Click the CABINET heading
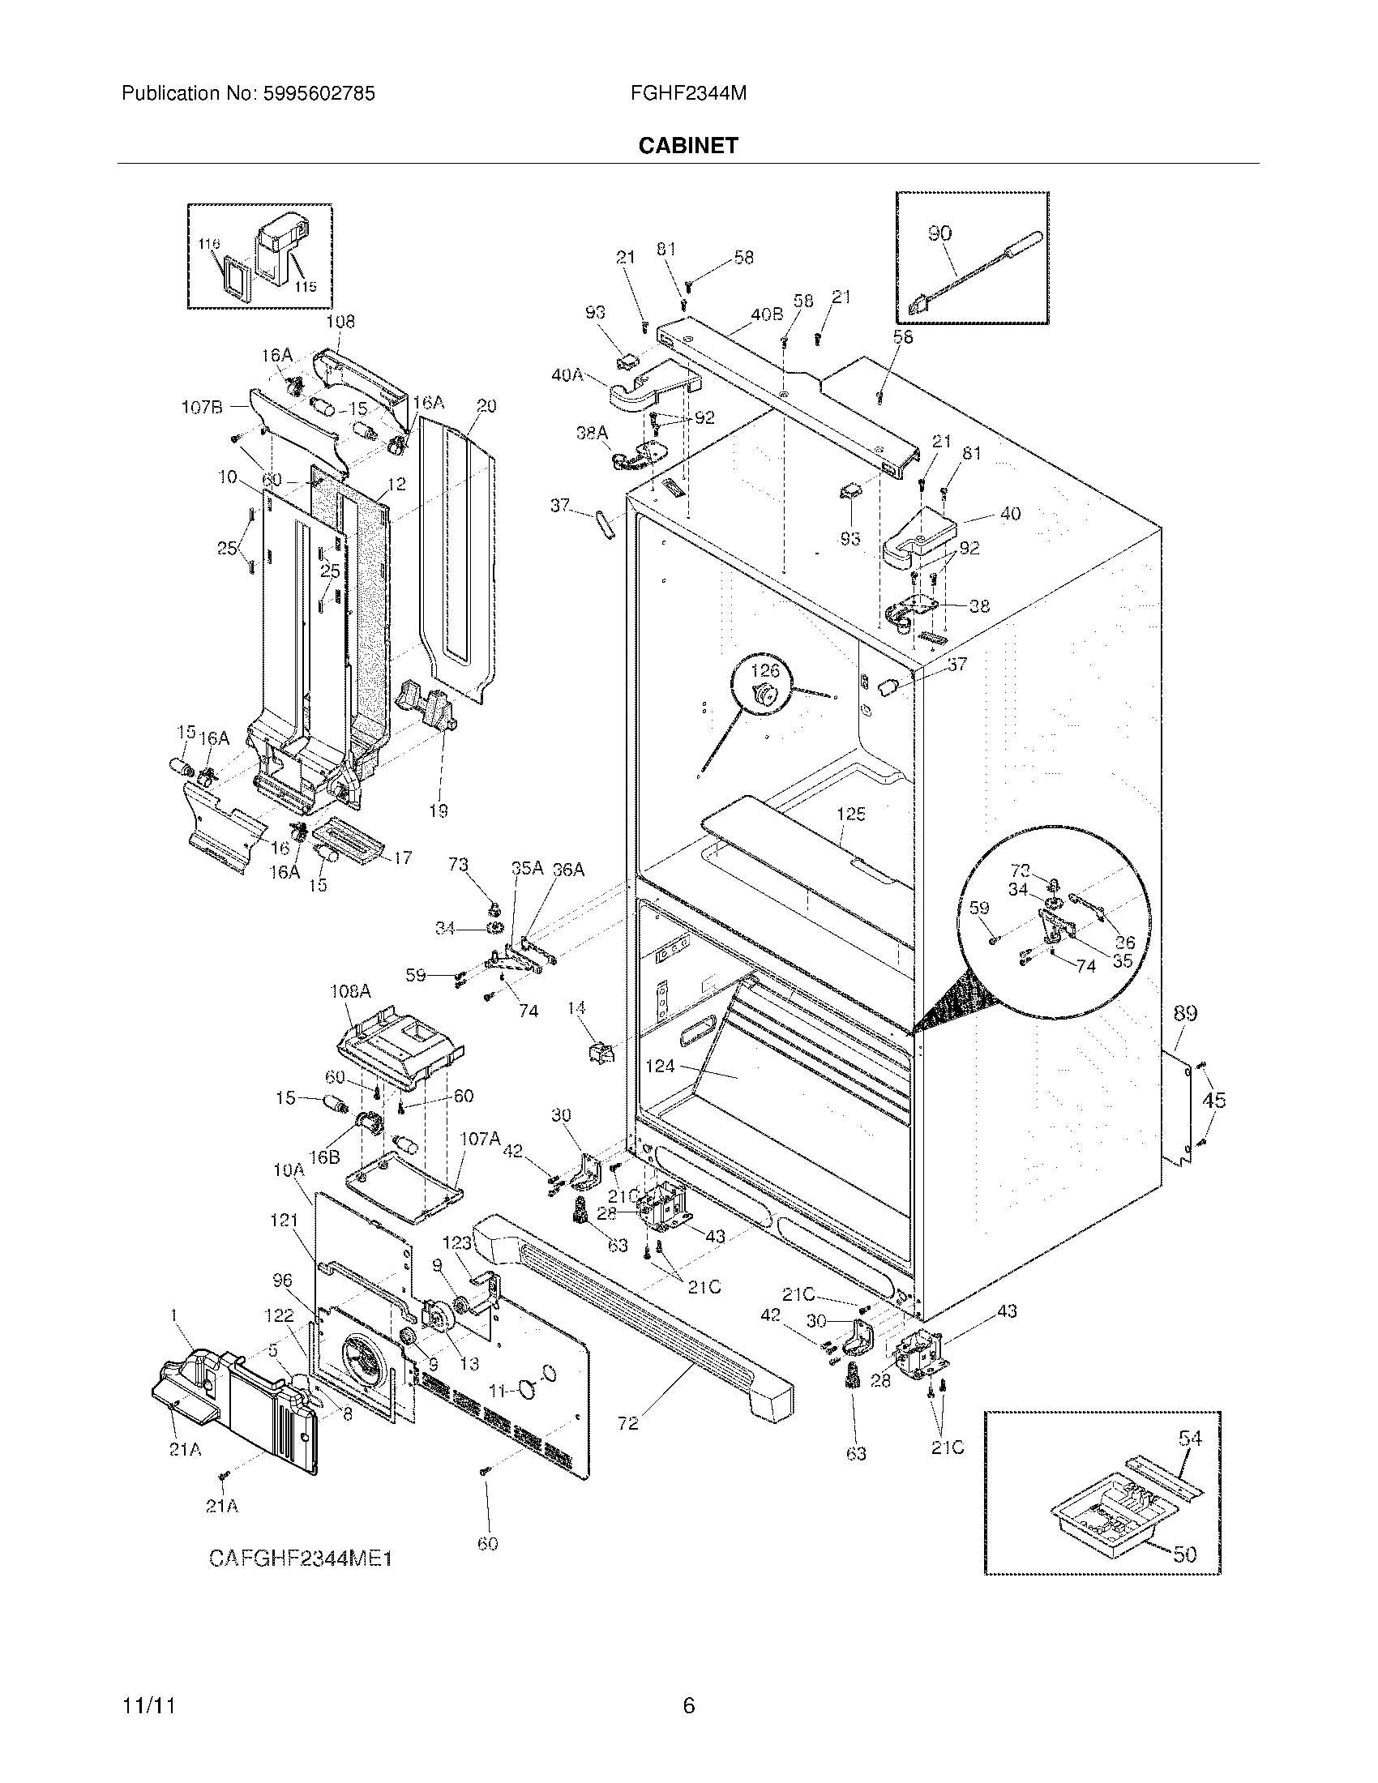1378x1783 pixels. click(x=687, y=145)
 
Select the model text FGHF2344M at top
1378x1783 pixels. click(x=688, y=94)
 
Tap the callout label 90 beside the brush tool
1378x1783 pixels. click(x=939, y=233)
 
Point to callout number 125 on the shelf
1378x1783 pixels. click(x=850, y=814)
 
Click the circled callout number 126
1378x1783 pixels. click(x=765, y=671)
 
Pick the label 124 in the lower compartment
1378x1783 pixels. click(x=660, y=1066)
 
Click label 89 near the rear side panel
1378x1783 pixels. click(x=1185, y=1013)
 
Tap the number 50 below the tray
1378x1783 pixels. click(x=1184, y=1554)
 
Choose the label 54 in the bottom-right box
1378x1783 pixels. click(x=1190, y=1438)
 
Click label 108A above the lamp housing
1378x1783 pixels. click(x=350, y=991)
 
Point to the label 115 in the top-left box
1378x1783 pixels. click(x=306, y=287)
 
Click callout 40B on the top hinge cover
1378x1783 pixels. click(x=767, y=314)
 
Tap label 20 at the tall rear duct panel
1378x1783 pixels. click(x=486, y=406)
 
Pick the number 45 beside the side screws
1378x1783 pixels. click(x=1214, y=1101)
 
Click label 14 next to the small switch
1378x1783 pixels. click(x=576, y=1009)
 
